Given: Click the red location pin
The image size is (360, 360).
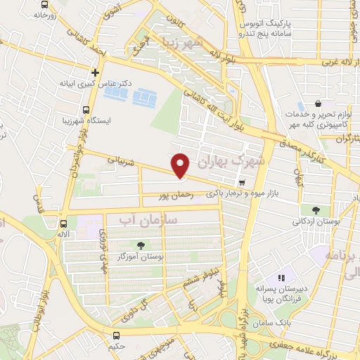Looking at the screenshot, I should pyautogui.click(x=181, y=165).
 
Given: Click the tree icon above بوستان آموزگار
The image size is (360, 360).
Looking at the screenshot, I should pyautogui.click(x=141, y=245).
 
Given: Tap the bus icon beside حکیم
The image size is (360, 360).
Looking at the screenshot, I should pyautogui.click(x=115, y=336).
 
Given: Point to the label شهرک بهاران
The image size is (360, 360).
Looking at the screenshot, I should pyautogui.click(x=233, y=161).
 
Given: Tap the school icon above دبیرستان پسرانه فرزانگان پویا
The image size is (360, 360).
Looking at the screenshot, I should pyautogui.click(x=283, y=278).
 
